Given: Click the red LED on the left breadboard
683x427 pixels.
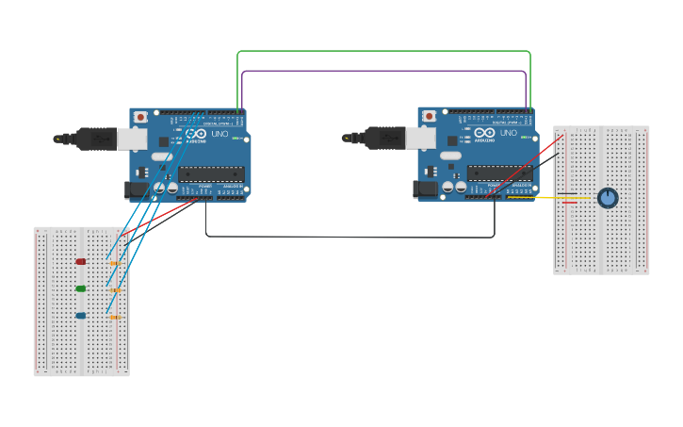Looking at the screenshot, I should pos(81,261).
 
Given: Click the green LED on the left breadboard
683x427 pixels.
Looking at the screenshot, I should pos(81,288).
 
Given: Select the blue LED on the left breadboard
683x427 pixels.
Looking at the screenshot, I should pos(81,316).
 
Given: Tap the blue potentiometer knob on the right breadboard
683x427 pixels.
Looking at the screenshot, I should pos(608,198).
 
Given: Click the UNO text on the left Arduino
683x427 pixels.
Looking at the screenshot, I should pos(219,134).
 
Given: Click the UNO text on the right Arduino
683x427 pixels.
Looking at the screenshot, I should pos(508,133).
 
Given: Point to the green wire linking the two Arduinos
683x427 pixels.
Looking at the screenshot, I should pos(383,51).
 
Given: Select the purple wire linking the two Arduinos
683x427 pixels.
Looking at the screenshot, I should pos(383,71).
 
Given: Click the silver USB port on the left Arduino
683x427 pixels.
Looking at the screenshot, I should pos(132,140).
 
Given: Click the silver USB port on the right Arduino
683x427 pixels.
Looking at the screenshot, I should pos(420,139).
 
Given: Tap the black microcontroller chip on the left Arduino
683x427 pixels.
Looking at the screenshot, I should pos(211,173).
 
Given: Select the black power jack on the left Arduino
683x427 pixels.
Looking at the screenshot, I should pos(136,190).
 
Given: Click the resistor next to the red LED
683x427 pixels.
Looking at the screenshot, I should pos(114,263).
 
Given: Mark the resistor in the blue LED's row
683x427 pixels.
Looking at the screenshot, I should pos(114,318).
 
